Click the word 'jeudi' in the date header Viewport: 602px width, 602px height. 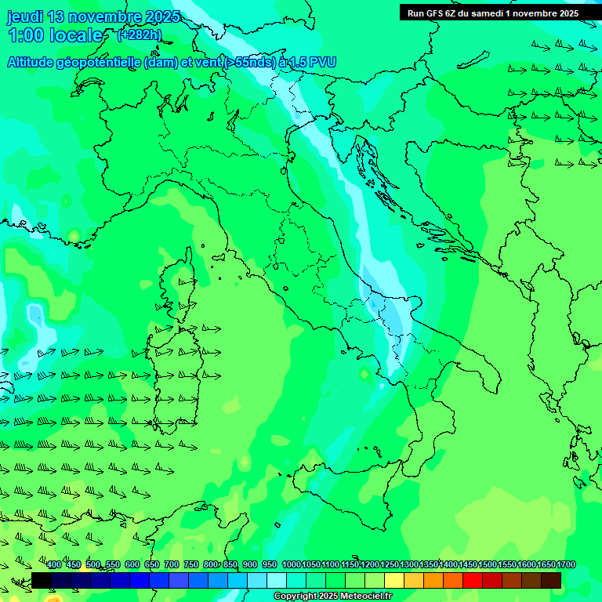[x=25, y=16]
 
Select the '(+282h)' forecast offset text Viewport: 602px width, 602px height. [x=139, y=34]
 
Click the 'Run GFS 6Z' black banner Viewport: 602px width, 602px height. [x=492, y=13]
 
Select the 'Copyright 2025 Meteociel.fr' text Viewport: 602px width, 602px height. [x=333, y=597]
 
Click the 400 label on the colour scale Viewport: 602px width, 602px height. [x=54, y=565]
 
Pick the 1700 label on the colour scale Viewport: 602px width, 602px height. [x=566, y=565]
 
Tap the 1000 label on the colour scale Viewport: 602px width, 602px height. [x=292, y=565]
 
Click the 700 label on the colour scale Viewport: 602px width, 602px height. [x=172, y=565]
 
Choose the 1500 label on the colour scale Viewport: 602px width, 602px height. [x=488, y=565]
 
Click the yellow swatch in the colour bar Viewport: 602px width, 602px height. [x=394, y=580]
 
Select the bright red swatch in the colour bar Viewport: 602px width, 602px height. [x=473, y=580]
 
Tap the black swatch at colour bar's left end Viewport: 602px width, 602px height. [x=42, y=580]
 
